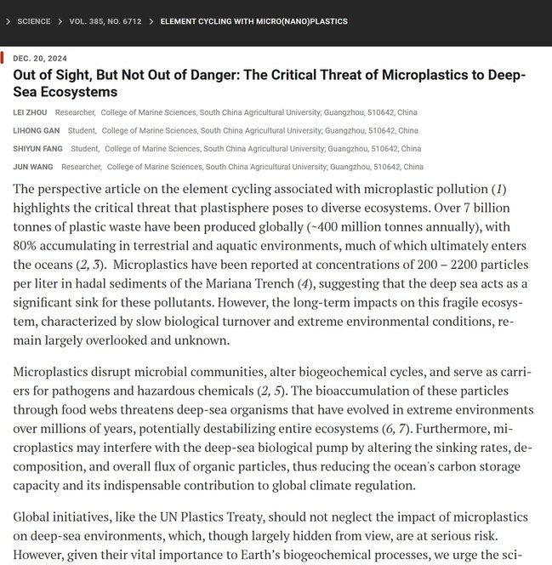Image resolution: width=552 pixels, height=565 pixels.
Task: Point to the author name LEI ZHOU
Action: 31,112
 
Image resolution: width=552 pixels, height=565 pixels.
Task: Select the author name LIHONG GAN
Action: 35,131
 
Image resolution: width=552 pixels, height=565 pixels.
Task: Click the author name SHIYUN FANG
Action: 37,149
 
